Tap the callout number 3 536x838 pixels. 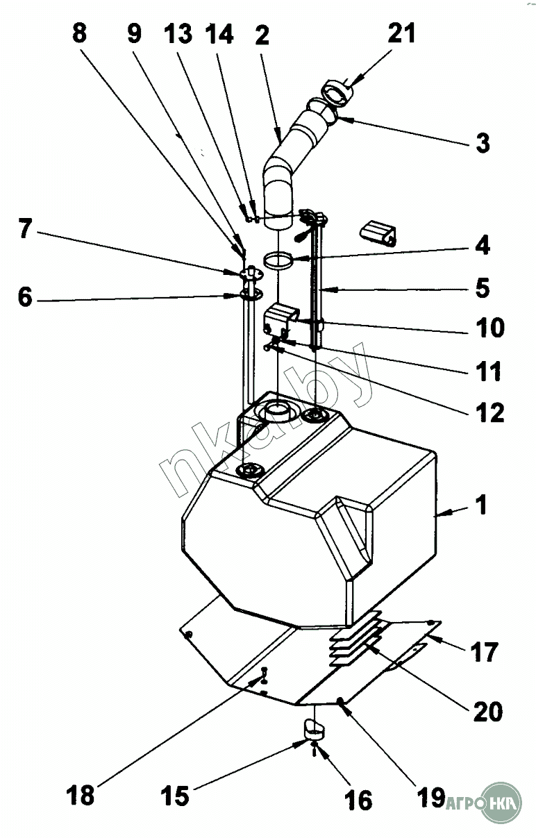tap(482, 144)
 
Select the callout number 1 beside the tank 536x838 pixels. tap(480, 504)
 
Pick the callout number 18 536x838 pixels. tap(82, 794)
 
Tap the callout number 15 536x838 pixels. tap(175, 796)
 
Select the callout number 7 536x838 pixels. tap(25, 229)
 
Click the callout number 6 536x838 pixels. tap(25, 297)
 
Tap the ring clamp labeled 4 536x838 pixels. tap(278, 261)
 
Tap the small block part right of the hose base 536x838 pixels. tap(378, 232)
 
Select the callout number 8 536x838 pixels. tap(80, 33)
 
